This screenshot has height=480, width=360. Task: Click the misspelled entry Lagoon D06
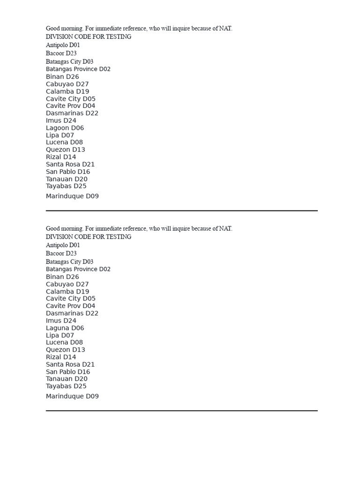65,128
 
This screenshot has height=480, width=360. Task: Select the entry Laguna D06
65,328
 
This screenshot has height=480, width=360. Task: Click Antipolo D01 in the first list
63,45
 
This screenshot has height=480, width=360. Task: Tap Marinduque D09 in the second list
72,396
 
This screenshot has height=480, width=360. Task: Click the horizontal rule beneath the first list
181,211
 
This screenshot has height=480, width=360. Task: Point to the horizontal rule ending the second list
181,411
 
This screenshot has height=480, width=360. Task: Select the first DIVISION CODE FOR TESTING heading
89,37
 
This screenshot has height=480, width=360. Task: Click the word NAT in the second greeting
225,229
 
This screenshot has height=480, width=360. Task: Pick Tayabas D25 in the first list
66,186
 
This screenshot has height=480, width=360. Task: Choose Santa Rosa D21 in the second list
70,364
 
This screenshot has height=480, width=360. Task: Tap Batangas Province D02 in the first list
78,69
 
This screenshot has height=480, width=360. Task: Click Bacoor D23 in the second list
61,254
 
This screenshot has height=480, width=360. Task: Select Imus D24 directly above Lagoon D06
61,120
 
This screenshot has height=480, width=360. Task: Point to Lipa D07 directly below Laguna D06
60,335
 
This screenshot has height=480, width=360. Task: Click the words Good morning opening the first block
64,29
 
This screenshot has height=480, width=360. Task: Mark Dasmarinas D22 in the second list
72,313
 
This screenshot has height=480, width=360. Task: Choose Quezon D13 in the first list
66,150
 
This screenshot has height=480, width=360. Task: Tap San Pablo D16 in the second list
68,372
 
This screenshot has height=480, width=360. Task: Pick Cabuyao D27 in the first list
67,84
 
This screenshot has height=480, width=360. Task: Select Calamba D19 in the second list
67,292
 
